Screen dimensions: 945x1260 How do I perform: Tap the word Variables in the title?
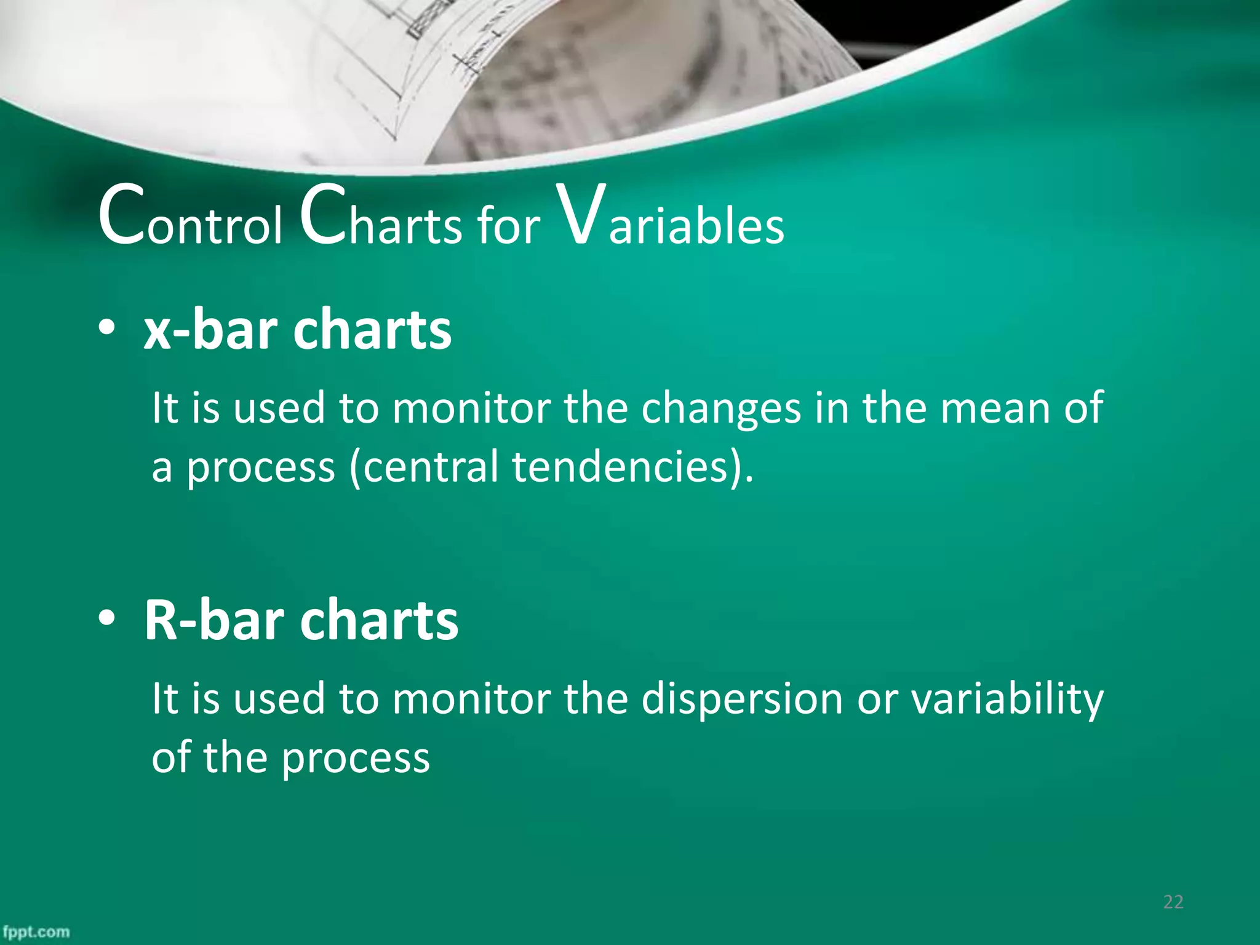click(669, 220)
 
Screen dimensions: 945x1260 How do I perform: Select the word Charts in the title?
click(381, 220)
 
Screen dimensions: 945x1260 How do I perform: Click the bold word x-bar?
click(210, 330)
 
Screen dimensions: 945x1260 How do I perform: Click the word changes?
click(721, 409)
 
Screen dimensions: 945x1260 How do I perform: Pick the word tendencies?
click(621, 466)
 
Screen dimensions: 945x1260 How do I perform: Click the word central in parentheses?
click(431, 466)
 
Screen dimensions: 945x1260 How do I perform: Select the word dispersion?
click(742, 700)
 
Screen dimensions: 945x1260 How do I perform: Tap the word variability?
click(1007, 700)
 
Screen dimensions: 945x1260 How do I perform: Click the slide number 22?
click(1173, 902)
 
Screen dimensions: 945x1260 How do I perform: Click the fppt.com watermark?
click(36, 932)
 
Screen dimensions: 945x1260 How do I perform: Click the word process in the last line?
click(356, 758)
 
